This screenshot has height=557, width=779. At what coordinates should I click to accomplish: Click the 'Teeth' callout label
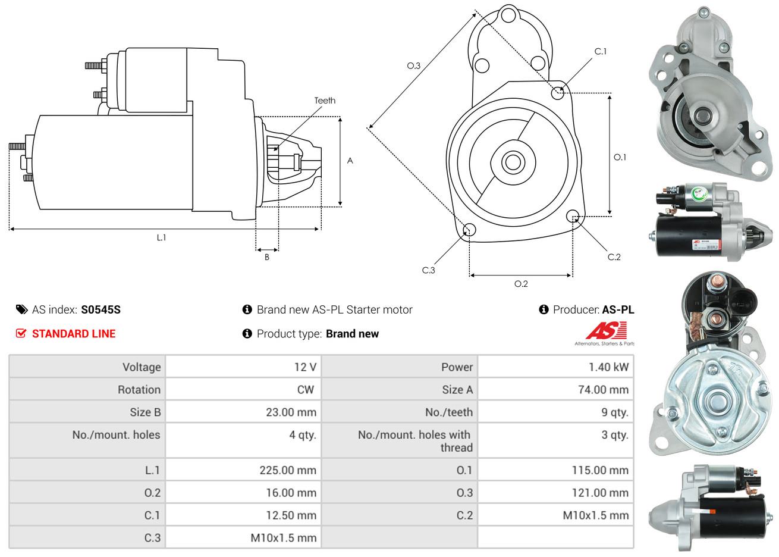coord(325,101)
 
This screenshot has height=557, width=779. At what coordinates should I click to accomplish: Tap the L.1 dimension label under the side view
coord(161,237)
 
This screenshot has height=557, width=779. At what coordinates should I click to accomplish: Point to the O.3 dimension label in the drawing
coord(414,65)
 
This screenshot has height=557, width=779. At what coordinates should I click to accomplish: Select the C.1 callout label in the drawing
coord(601,51)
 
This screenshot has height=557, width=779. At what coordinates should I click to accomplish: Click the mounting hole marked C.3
coord(469,230)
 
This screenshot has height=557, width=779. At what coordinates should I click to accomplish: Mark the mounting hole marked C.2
coord(573,216)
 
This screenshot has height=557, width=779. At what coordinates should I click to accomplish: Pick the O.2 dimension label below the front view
coord(521,284)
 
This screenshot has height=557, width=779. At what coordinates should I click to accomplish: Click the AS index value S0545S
coord(101,309)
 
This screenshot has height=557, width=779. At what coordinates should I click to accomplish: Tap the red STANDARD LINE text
coord(74,334)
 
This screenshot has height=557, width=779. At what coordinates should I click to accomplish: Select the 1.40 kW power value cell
coord(608,367)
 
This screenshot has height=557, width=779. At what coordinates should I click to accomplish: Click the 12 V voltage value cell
coord(305,367)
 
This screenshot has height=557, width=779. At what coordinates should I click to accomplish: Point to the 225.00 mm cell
coord(288,470)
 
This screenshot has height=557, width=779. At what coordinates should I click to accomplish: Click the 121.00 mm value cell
coord(601,493)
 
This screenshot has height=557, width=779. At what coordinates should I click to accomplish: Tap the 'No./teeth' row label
coord(449,412)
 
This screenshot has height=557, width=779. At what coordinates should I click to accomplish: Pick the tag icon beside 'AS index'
coord(21,309)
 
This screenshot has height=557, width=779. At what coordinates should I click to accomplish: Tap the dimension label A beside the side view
coord(350,161)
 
